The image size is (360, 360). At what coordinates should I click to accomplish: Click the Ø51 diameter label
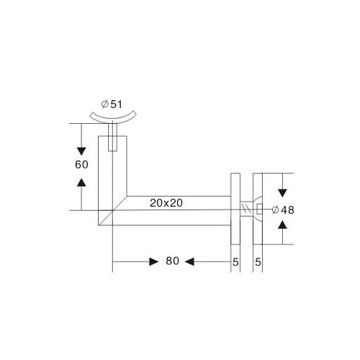tap(112, 104)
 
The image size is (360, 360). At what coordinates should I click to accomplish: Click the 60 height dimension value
tap(81, 165)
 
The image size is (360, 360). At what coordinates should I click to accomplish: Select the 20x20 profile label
tap(166, 203)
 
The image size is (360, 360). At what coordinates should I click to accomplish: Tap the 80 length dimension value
tap(172, 261)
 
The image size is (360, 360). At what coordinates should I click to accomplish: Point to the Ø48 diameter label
tap(283, 210)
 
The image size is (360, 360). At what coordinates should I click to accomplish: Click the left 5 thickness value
tap(235, 262)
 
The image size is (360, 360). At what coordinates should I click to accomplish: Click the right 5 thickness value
tap(258, 262)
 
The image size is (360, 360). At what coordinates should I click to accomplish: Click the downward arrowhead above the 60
tap(81, 152)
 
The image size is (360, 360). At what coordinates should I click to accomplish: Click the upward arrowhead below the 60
tap(81, 182)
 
